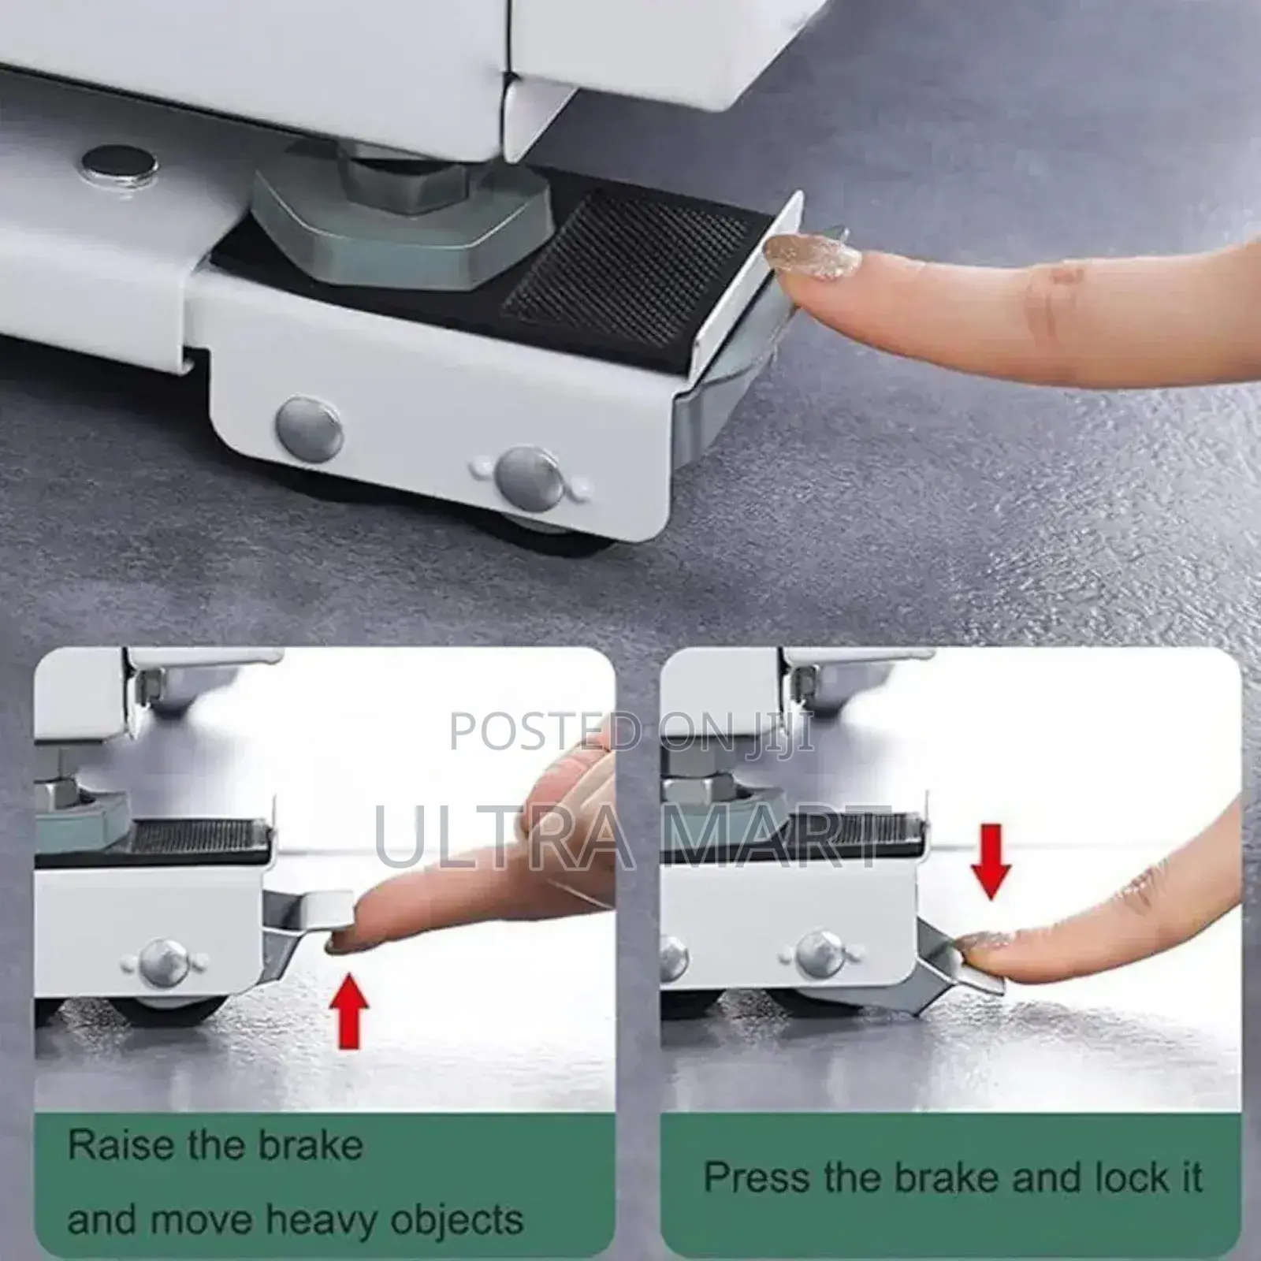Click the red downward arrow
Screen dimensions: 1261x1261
pyautogui.click(x=991, y=861)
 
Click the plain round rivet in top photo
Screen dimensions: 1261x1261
pyautogui.click(x=309, y=427)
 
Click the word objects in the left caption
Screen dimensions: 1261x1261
pyautogui.click(x=456, y=1220)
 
